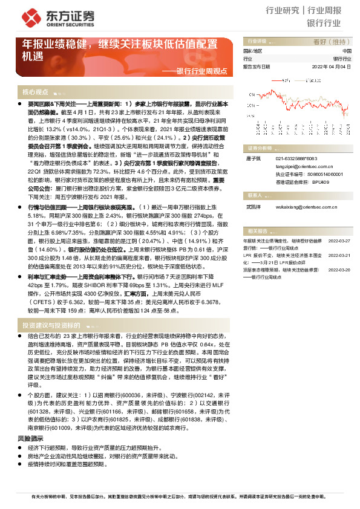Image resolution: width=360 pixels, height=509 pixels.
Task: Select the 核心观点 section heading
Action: pos(36,92)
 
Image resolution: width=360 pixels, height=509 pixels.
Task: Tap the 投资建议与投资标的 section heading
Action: pos(51,325)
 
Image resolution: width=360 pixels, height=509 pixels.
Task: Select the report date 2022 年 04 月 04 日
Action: pos(331,67)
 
